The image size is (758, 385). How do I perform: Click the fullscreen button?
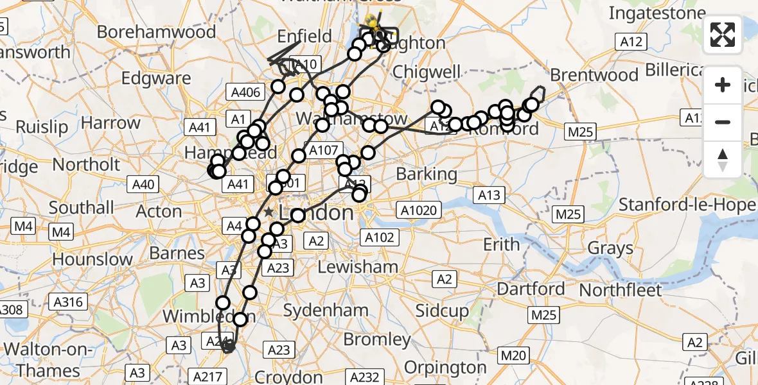click(x=723, y=35)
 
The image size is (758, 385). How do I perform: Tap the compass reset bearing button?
click(x=723, y=160)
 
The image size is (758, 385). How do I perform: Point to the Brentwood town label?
click(x=594, y=75)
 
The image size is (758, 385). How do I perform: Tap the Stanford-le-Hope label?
click(x=687, y=205)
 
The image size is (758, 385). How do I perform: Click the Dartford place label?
click(x=531, y=289)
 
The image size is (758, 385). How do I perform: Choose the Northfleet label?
click(x=620, y=290)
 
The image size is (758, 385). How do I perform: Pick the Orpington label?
click(x=445, y=368)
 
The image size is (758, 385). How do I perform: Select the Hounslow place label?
click(x=93, y=259)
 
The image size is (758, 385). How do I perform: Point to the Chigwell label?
click(x=427, y=71)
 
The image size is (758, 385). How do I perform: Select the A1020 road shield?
click(x=418, y=210)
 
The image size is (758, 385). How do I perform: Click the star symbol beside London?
click(x=269, y=212)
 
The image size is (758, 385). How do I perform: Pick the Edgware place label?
click(x=156, y=79)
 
